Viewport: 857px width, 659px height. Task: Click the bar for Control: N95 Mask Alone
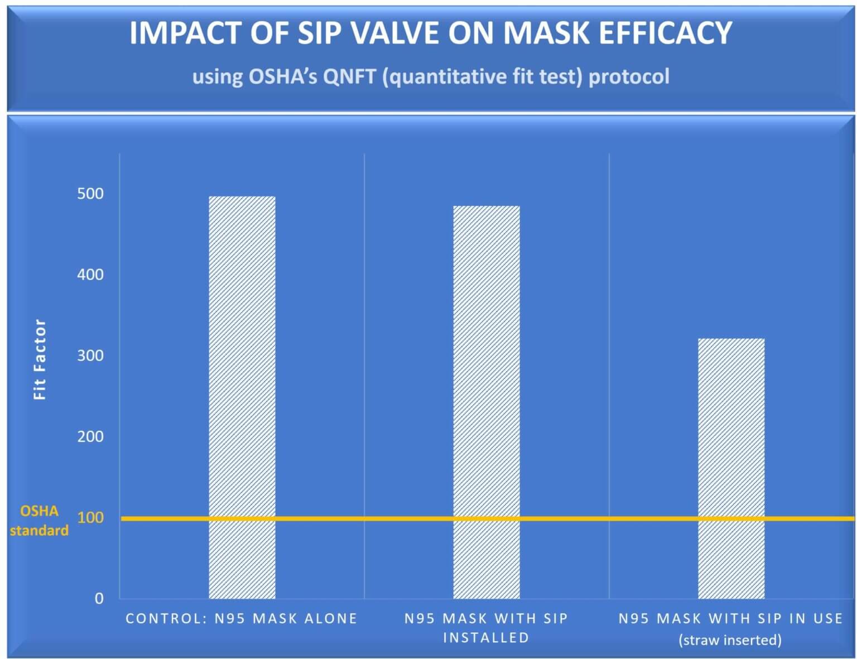pos(242,397)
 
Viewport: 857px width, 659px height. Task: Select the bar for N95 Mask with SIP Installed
pos(486,402)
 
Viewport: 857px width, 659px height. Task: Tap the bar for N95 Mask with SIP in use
pos(731,468)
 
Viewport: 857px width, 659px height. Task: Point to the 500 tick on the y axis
pos(90,194)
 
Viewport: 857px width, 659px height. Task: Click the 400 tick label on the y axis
pos(90,275)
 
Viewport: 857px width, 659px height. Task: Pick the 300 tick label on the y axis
pos(90,355)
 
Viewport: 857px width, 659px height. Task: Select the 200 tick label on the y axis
pos(90,436)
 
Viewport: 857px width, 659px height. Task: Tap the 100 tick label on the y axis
pos(90,517)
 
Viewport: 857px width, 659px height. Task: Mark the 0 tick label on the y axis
pos(99,598)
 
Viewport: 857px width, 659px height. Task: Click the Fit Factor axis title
pos(40,359)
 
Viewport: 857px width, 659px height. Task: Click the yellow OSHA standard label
pos(39,521)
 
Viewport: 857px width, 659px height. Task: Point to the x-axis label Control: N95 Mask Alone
pos(241,618)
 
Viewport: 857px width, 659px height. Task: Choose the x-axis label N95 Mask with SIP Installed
pos(486,628)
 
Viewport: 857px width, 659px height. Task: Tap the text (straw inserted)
pos(730,639)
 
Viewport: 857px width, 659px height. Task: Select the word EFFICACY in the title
pos(665,33)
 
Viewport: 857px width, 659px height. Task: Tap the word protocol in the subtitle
pos(629,76)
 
